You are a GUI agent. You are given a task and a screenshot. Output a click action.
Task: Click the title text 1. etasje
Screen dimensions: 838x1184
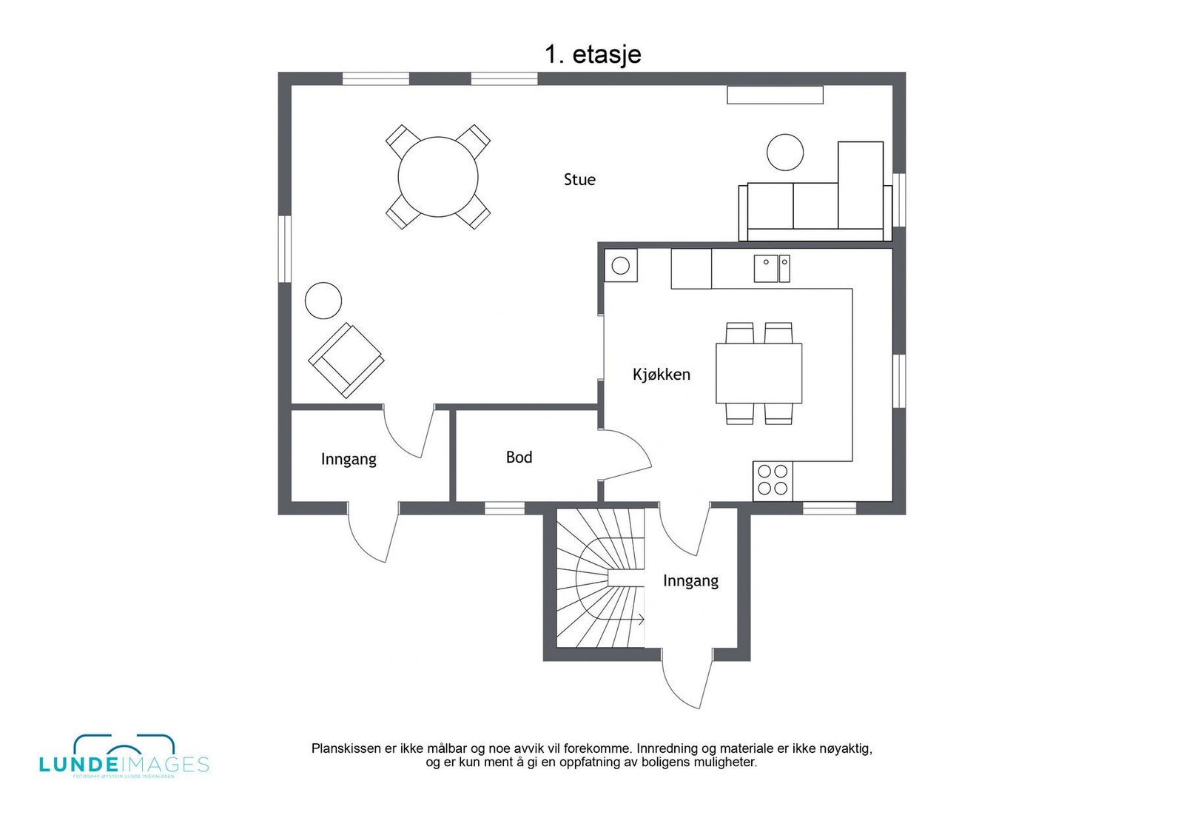pyautogui.click(x=593, y=54)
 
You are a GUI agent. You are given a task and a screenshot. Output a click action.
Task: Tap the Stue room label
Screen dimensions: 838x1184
pyautogui.click(x=579, y=180)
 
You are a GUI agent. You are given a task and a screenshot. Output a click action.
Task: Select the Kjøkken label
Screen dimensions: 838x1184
pyautogui.click(x=661, y=375)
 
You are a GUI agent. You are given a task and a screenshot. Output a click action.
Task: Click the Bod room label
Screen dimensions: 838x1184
pyautogui.click(x=519, y=457)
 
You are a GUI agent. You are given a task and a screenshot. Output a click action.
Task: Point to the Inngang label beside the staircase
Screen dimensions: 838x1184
pyautogui.click(x=690, y=581)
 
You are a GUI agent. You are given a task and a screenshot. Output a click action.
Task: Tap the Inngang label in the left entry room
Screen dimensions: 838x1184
pyautogui.click(x=349, y=460)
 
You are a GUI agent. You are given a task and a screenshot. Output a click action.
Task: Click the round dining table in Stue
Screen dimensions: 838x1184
pyautogui.click(x=438, y=177)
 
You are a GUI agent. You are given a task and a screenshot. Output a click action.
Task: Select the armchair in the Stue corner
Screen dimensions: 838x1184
pyautogui.click(x=346, y=360)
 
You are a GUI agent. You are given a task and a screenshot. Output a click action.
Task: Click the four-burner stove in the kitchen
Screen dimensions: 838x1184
pyautogui.click(x=773, y=480)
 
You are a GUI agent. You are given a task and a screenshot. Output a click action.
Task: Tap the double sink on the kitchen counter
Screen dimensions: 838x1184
pyautogui.click(x=772, y=268)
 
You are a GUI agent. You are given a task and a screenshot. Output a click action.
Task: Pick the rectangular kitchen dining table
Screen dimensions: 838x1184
pyautogui.click(x=758, y=372)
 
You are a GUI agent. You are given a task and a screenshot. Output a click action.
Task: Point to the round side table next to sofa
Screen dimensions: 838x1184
pyautogui.click(x=784, y=152)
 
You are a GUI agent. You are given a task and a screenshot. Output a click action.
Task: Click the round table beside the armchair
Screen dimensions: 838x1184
pyautogui.click(x=323, y=301)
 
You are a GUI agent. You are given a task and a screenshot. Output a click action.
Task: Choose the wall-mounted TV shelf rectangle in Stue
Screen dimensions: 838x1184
pyautogui.click(x=774, y=95)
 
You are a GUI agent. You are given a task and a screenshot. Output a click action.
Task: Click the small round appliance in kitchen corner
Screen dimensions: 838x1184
pyautogui.click(x=620, y=265)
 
